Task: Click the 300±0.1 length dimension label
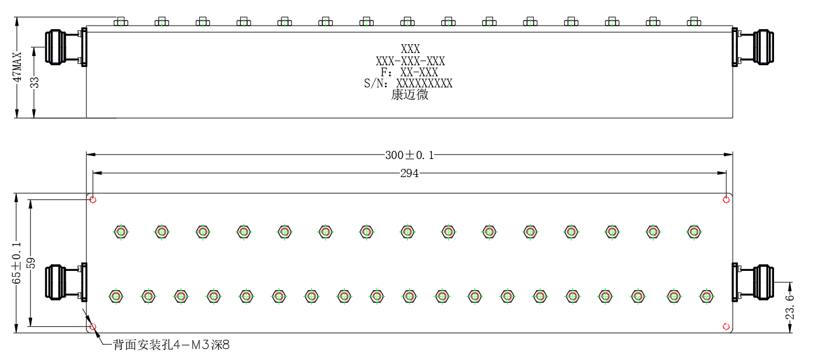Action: coord(409,156)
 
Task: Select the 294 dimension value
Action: coord(409,173)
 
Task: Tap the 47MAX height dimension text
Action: coord(17,68)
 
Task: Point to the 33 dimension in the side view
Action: coord(34,83)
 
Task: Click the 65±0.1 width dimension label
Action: coord(17,263)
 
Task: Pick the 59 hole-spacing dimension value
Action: coord(31,263)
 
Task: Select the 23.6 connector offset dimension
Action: coord(789,307)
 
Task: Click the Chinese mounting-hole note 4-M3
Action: coord(171,345)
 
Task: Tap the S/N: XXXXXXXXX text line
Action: coord(408,83)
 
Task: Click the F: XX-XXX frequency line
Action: coord(409,72)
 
